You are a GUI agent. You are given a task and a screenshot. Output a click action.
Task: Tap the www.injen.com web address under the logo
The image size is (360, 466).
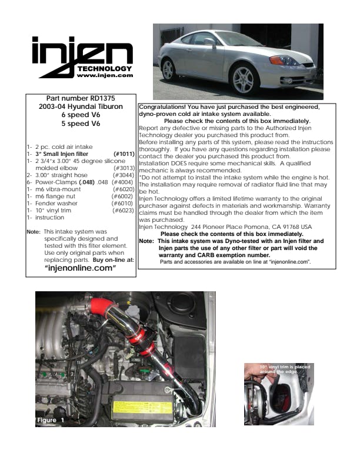[105, 75]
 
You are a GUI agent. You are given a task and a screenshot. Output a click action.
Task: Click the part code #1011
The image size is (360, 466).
[124, 154]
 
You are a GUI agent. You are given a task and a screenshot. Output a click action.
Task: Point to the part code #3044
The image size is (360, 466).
[124, 175]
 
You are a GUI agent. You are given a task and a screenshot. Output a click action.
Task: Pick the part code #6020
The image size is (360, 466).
[124, 189]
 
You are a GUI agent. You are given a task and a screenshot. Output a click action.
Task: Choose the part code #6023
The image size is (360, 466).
[123, 211]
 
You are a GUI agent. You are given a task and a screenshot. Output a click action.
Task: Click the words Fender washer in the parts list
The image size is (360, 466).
[56, 203]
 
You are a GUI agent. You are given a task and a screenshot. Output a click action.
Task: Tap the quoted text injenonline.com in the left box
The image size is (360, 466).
[80, 268]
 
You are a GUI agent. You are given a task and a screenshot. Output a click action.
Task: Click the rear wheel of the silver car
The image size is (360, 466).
[168, 71]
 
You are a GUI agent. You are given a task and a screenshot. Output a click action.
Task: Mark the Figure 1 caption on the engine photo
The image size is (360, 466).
[51, 420]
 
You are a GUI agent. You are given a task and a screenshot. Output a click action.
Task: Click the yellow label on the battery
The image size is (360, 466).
[142, 407]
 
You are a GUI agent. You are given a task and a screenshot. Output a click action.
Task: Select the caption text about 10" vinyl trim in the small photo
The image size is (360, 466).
[285, 369]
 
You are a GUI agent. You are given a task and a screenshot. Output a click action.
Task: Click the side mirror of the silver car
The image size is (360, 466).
[209, 42]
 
